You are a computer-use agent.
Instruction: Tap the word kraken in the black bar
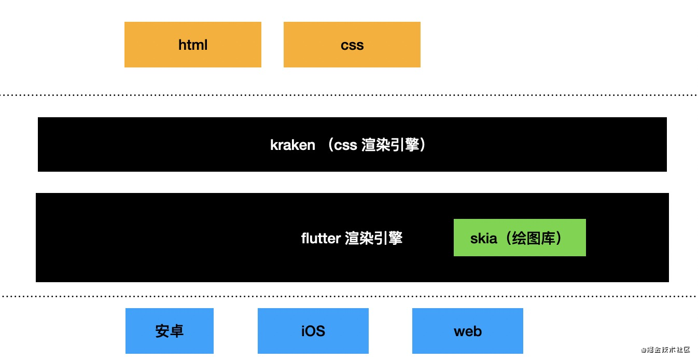coord(292,145)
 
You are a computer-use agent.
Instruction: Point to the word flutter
coord(320,239)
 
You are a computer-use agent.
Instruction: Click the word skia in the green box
coord(483,239)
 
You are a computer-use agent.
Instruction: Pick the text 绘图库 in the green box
coord(531,239)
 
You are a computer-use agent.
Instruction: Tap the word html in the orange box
coord(193,45)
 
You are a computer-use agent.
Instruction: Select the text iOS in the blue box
coord(313,331)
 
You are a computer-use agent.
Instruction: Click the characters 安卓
coord(170,331)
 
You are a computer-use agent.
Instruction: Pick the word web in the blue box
coord(468,331)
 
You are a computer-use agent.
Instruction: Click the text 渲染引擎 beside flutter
coord(373,239)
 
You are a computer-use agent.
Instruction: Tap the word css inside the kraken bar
coord(345,145)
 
